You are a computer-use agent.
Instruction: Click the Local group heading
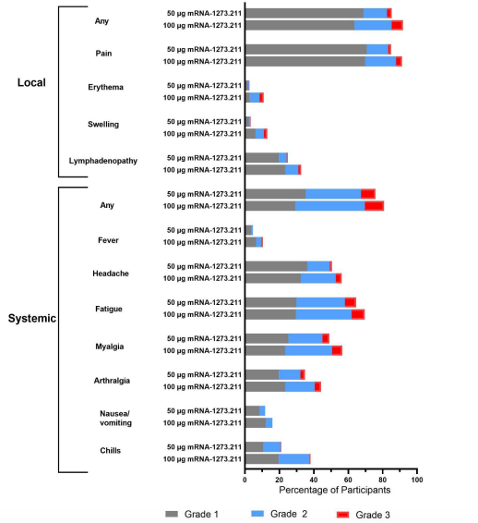pos(31,82)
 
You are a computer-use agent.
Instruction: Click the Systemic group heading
pos(32,318)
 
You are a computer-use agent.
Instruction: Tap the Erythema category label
pos(105,87)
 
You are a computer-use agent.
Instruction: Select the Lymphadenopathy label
pos(103,161)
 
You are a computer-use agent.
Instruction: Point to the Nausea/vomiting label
pos(115,419)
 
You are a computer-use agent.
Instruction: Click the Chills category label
pos(110,451)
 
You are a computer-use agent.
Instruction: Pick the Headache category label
pos(111,274)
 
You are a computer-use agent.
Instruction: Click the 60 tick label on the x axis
pos(348,480)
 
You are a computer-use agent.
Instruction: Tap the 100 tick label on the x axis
pos(417,480)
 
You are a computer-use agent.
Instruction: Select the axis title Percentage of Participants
pos(334,490)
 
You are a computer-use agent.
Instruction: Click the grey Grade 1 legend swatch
pos(172,514)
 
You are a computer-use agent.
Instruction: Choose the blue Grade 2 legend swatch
pos(257,514)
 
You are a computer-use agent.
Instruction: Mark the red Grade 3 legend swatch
pos(342,515)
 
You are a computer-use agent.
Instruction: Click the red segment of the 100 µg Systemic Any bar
pos(375,206)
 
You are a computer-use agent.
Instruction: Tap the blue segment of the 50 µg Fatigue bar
pos(321,302)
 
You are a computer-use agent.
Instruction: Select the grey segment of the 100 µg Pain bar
pos(305,62)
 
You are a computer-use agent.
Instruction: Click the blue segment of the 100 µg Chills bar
pos(294,459)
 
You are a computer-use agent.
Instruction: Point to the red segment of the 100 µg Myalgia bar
pos(337,351)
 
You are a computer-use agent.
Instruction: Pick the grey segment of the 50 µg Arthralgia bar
pos(262,375)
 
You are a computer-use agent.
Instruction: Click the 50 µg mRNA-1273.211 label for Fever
pos(204,230)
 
